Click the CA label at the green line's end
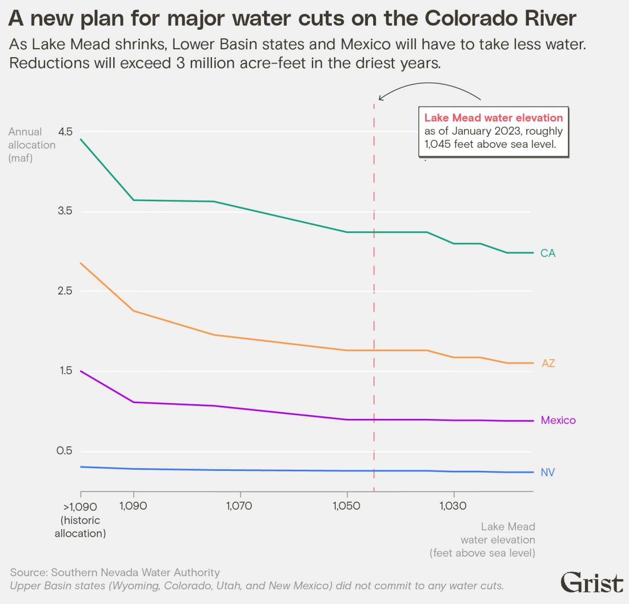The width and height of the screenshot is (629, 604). [x=547, y=253]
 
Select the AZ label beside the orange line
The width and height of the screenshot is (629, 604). [x=548, y=363]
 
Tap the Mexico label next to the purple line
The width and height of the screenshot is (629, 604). [x=558, y=420]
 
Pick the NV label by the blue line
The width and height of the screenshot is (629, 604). [x=547, y=472]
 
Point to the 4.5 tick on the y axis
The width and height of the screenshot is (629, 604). [x=65, y=132]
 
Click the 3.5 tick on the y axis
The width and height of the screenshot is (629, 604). [x=65, y=211]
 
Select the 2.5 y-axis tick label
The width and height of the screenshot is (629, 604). [x=65, y=291]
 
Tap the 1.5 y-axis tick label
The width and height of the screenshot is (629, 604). [x=65, y=371]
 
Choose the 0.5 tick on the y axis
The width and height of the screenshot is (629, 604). [x=65, y=451]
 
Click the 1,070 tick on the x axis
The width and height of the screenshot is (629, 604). [x=239, y=506]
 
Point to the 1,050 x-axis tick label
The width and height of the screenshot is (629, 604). [x=346, y=506]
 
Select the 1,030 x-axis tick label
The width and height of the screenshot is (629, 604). [x=453, y=506]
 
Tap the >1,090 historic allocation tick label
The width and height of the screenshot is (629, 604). [x=80, y=520]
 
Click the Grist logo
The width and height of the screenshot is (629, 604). [x=592, y=583]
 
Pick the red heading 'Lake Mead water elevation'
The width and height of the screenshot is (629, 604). [x=493, y=118]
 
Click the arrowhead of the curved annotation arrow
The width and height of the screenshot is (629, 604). [x=381, y=98]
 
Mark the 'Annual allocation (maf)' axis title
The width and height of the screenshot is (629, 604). [x=31, y=145]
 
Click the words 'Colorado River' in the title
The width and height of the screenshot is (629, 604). [x=500, y=18]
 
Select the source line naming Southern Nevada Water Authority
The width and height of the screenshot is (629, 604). [x=115, y=573]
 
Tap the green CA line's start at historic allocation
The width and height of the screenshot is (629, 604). [x=81, y=139]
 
